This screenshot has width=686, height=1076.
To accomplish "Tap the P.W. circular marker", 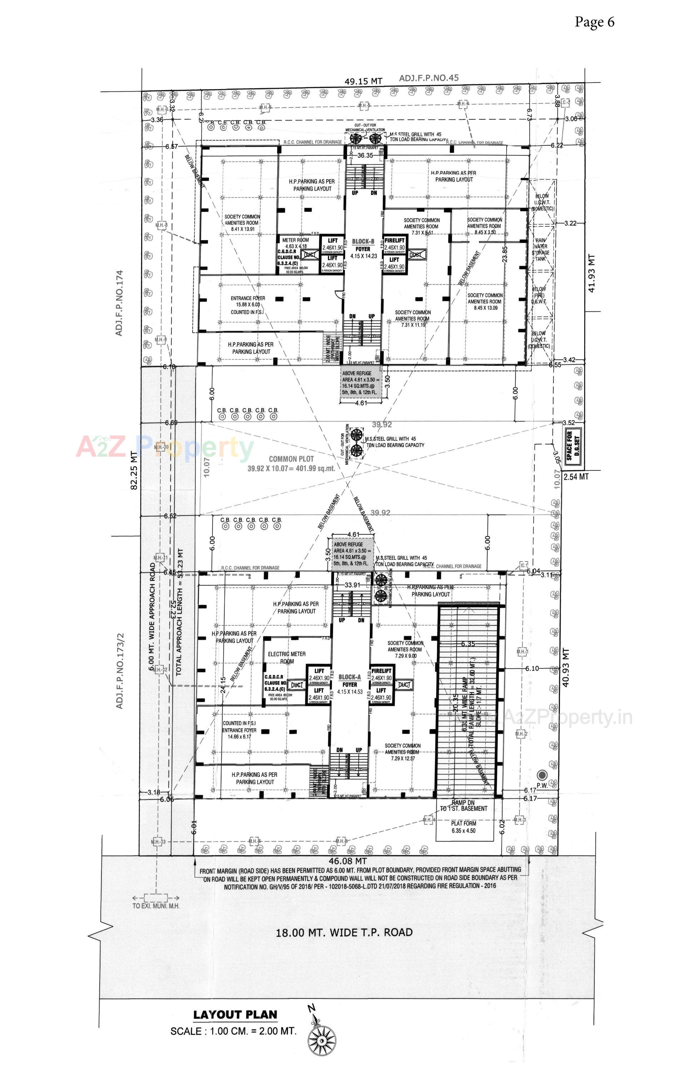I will (x=542, y=775).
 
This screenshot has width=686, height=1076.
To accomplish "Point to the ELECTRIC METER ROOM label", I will (x=287, y=657).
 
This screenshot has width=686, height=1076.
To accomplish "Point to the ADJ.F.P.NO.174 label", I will (x=119, y=302).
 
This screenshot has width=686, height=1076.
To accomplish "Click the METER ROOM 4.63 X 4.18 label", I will (x=295, y=243).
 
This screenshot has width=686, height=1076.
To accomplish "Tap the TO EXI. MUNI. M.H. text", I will (x=155, y=906).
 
